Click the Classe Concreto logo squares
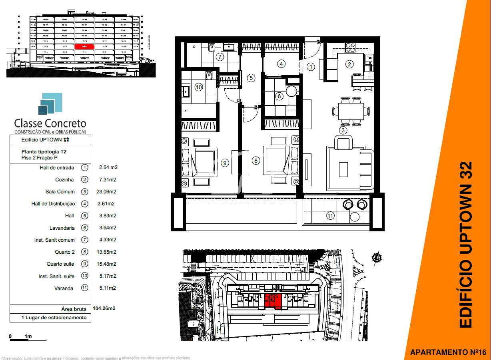click(51, 103)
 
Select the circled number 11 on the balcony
click(330, 216)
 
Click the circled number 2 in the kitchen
click(349, 64)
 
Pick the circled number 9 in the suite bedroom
click(225, 163)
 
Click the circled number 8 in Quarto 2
click(256, 161)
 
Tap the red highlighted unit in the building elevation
click(84, 46)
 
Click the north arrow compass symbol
click(376, 259)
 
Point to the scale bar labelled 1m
click(28, 339)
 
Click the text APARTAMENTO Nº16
click(448, 352)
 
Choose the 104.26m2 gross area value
click(104, 308)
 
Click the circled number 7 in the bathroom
click(220, 56)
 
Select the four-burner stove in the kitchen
click(350, 47)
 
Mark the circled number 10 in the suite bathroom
click(198, 87)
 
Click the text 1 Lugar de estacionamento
click(54, 318)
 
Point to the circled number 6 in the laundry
click(279, 96)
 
